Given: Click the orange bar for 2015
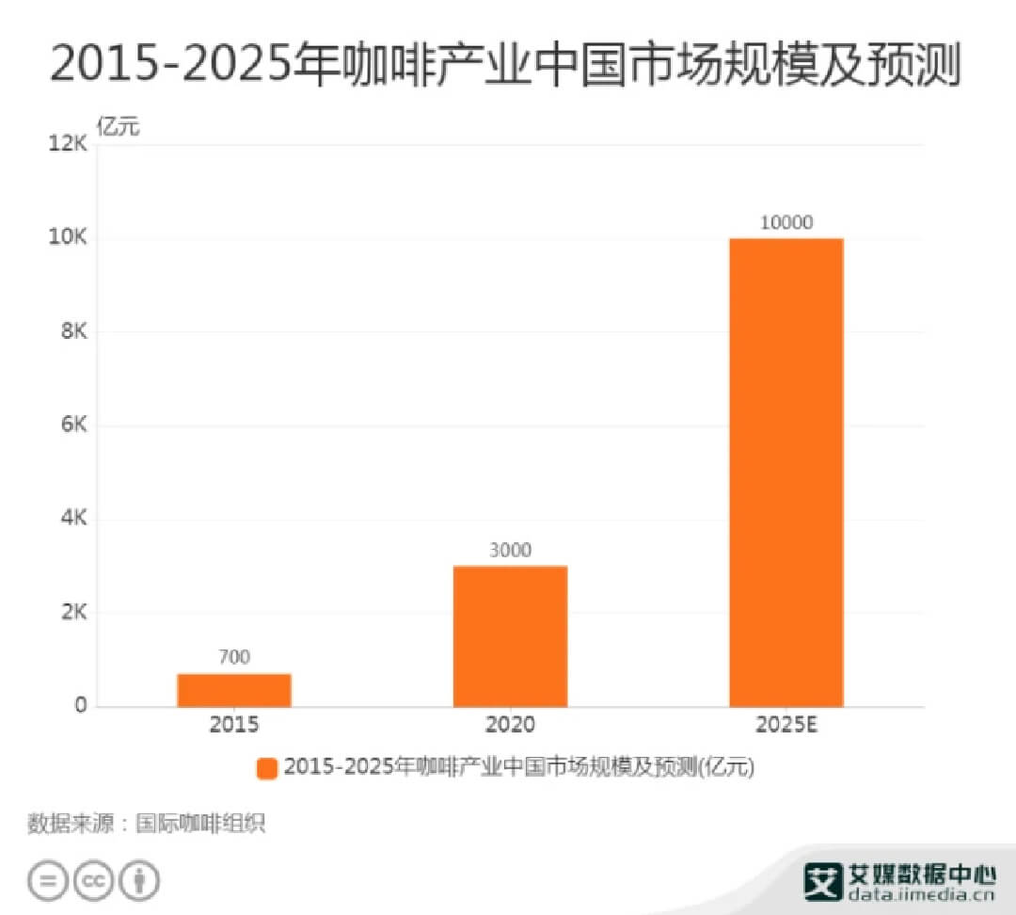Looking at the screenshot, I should pyautogui.click(x=233, y=690).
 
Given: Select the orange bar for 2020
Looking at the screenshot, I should pyautogui.click(x=510, y=636).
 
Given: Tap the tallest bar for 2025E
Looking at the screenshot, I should pyautogui.click(x=786, y=473).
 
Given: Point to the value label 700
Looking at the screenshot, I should pyautogui.click(x=233, y=657).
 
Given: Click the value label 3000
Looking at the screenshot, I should pyautogui.click(x=510, y=550).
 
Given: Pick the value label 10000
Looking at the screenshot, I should pyautogui.click(x=786, y=223).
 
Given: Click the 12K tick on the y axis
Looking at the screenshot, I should pyautogui.click(x=68, y=144).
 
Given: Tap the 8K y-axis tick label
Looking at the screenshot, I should pyautogui.click(x=73, y=331).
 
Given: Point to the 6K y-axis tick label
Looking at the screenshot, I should pyautogui.click(x=73, y=425).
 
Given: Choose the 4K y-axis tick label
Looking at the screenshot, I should pyautogui.click(x=73, y=519).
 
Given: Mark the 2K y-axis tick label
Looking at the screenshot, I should pyautogui.click(x=73, y=613).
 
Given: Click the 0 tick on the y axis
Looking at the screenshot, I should pyautogui.click(x=82, y=705).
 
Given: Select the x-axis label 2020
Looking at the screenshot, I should pyautogui.click(x=510, y=725).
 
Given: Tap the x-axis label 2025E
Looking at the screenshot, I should pyautogui.click(x=786, y=725).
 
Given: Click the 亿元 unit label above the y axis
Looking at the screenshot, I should pyautogui.click(x=118, y=127).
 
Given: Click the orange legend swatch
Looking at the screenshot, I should pyautogui.click(x=267, y=768).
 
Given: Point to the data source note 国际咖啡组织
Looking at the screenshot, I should pyautogui.click(x=200, y=824).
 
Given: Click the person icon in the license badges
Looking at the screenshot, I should pyautogui.click(x=140, y=881).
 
